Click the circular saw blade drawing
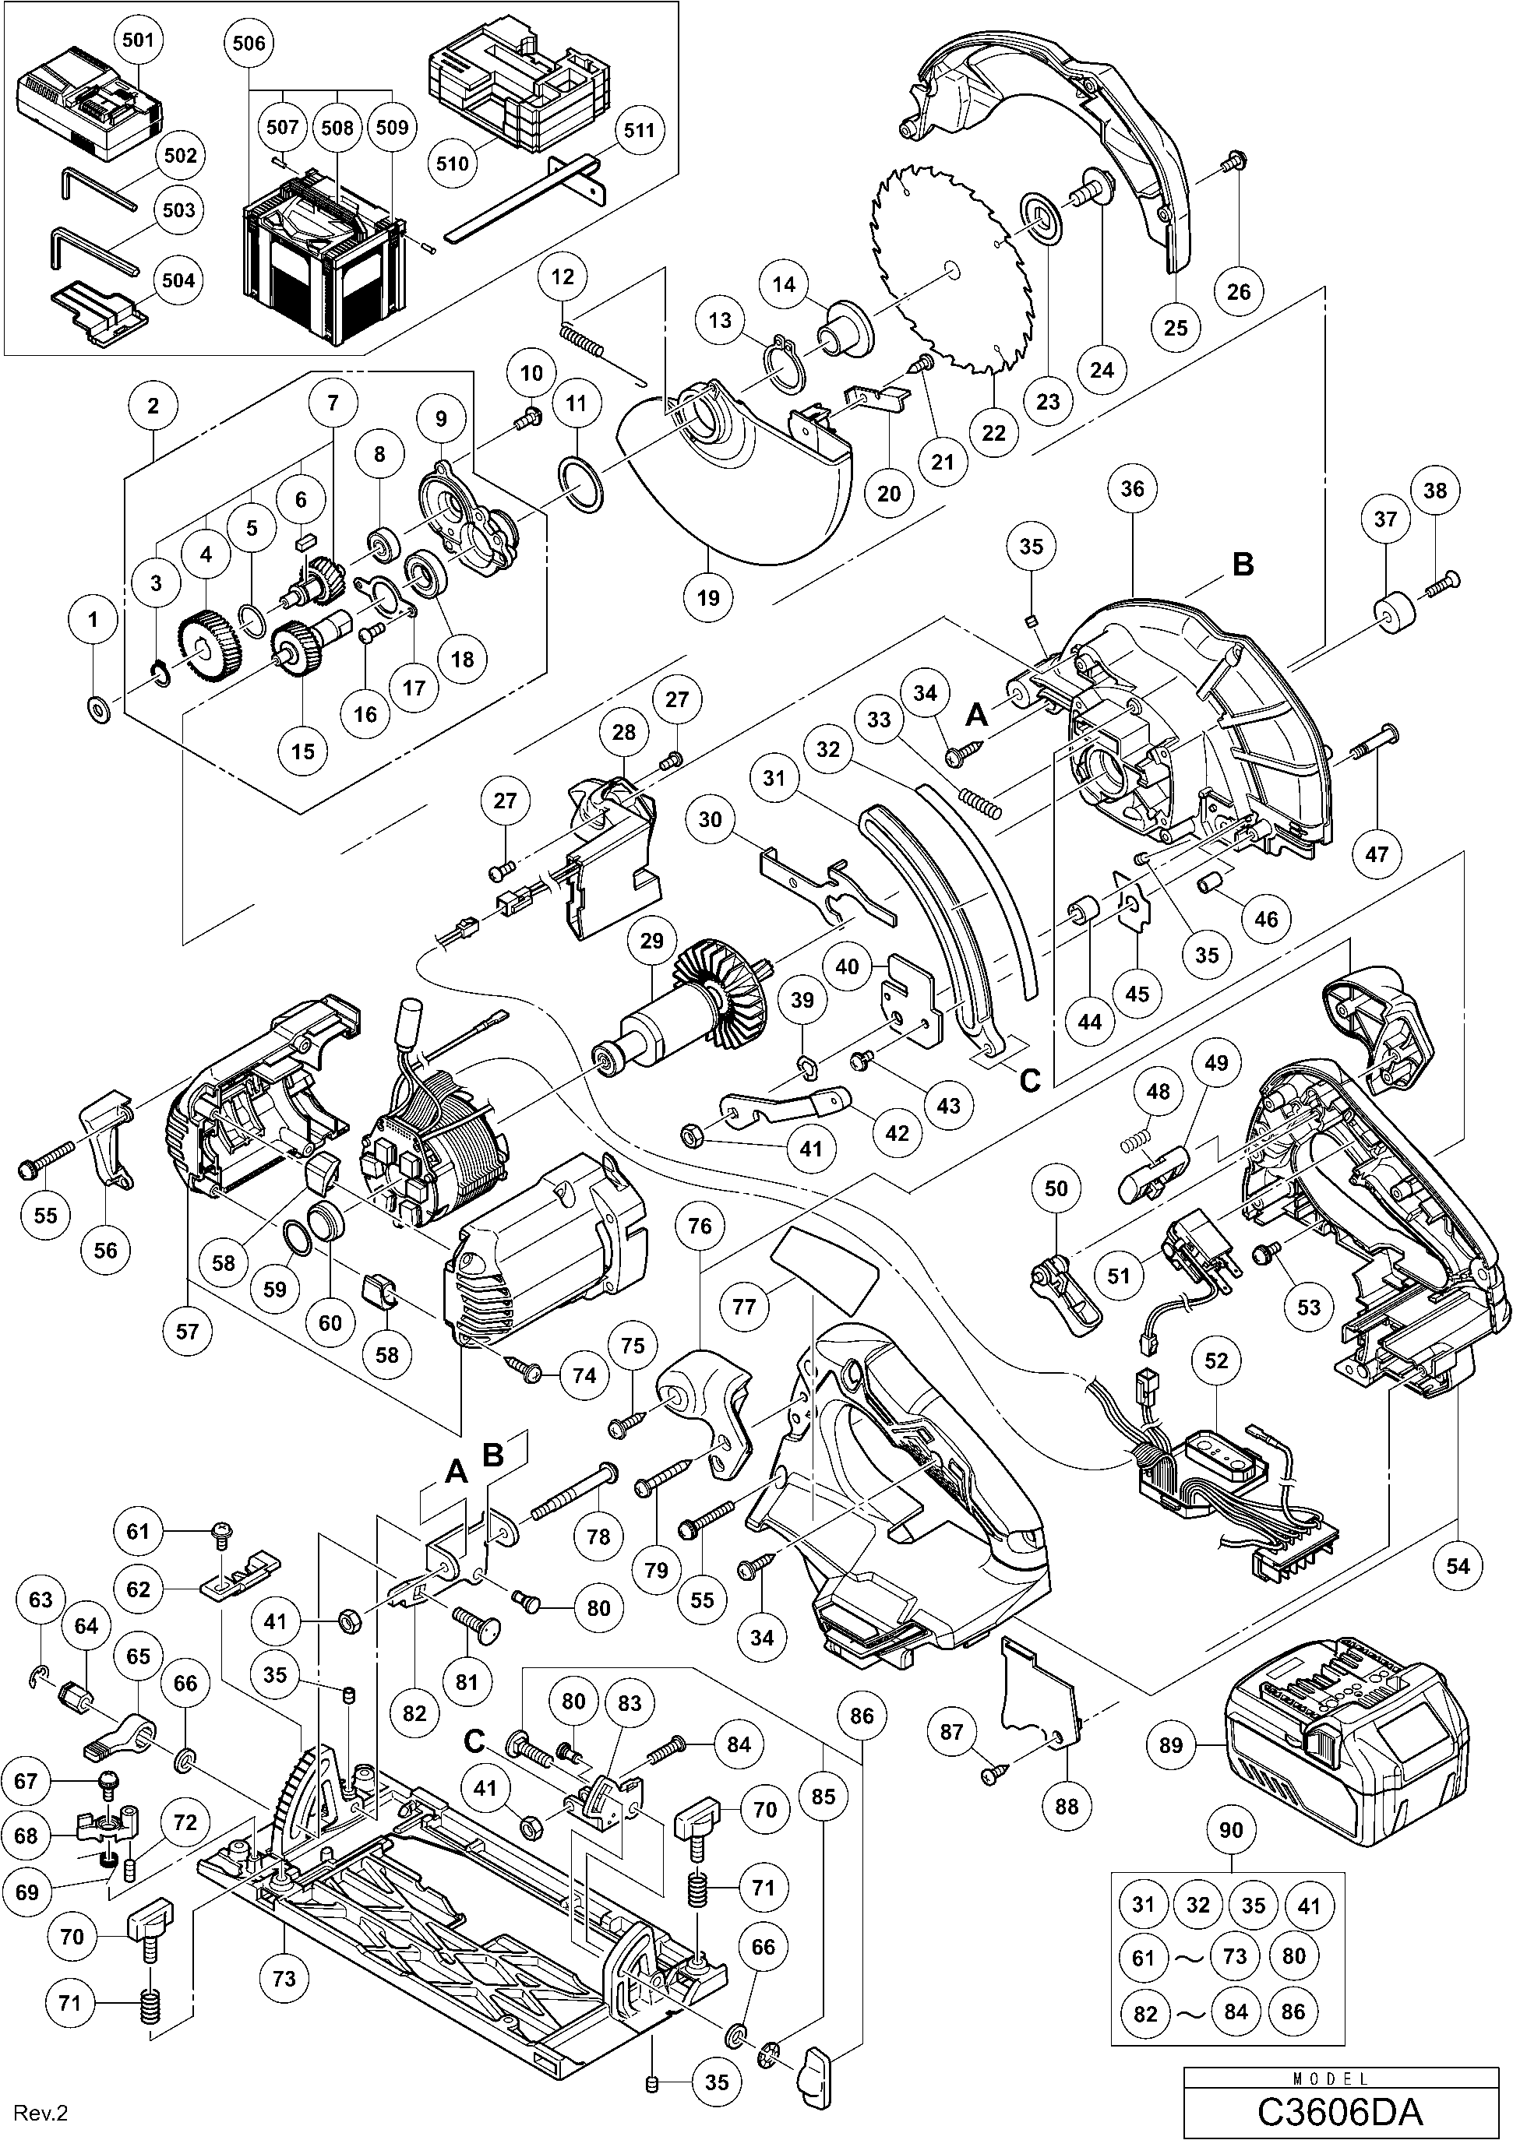950,270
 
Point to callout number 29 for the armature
651,942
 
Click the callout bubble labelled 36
1132,488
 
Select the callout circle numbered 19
708,597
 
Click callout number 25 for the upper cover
1176,327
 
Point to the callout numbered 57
188,1330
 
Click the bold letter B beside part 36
1243,565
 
